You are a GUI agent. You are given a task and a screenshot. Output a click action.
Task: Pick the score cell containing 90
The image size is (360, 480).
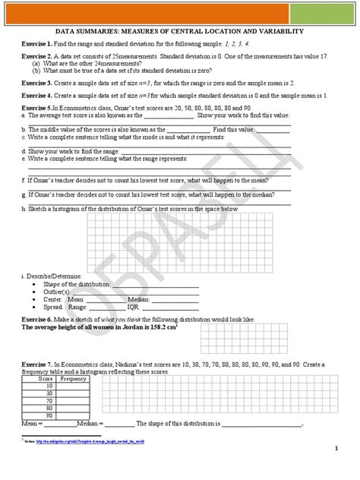point(47,416)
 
